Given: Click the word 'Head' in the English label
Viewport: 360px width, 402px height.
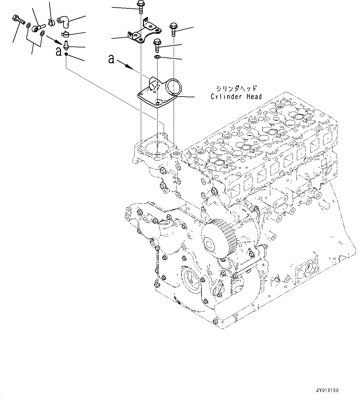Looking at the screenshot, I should coord(254,97).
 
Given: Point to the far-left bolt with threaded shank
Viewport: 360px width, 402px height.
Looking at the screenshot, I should coord(19,19).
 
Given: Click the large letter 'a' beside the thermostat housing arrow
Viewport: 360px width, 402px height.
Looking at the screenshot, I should coord(112,59).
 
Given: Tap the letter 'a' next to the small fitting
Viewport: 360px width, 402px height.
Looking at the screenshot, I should coord(59,51).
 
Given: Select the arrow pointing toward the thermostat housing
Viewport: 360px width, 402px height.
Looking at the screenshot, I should coord(126,64).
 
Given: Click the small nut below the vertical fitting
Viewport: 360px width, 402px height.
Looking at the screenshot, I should coord(66,55).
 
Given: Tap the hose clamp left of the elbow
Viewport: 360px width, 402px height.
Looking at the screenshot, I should coord(51,22).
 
